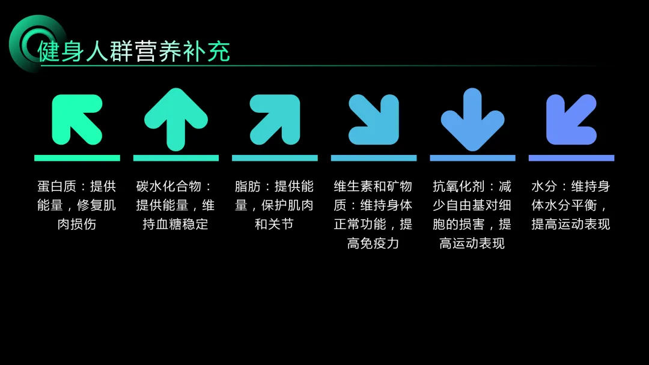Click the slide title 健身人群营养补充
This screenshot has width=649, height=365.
[x=133, y=52]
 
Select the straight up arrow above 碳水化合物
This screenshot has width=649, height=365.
[x=175, y=119]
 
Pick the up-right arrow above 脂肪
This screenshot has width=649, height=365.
[x=275, y=119]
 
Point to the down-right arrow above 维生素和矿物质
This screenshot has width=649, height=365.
[x=373, y=119]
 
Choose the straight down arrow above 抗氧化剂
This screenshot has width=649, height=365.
[x=472, y=119]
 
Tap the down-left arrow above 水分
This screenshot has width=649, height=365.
[x=571, y=119]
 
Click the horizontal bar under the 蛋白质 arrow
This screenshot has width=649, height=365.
[x=77, y=158]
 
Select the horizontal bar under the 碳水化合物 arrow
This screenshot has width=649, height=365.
[x=175, y=158]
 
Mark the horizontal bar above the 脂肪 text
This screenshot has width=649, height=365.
[x=275, y=158]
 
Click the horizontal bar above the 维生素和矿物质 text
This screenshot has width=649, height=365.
[x=373, y=158]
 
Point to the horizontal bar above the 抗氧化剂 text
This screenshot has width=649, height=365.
[x=472, y=158]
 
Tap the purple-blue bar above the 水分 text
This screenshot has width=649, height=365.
[x=571, y=158]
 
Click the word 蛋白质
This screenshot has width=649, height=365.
[x=56, y=186]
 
